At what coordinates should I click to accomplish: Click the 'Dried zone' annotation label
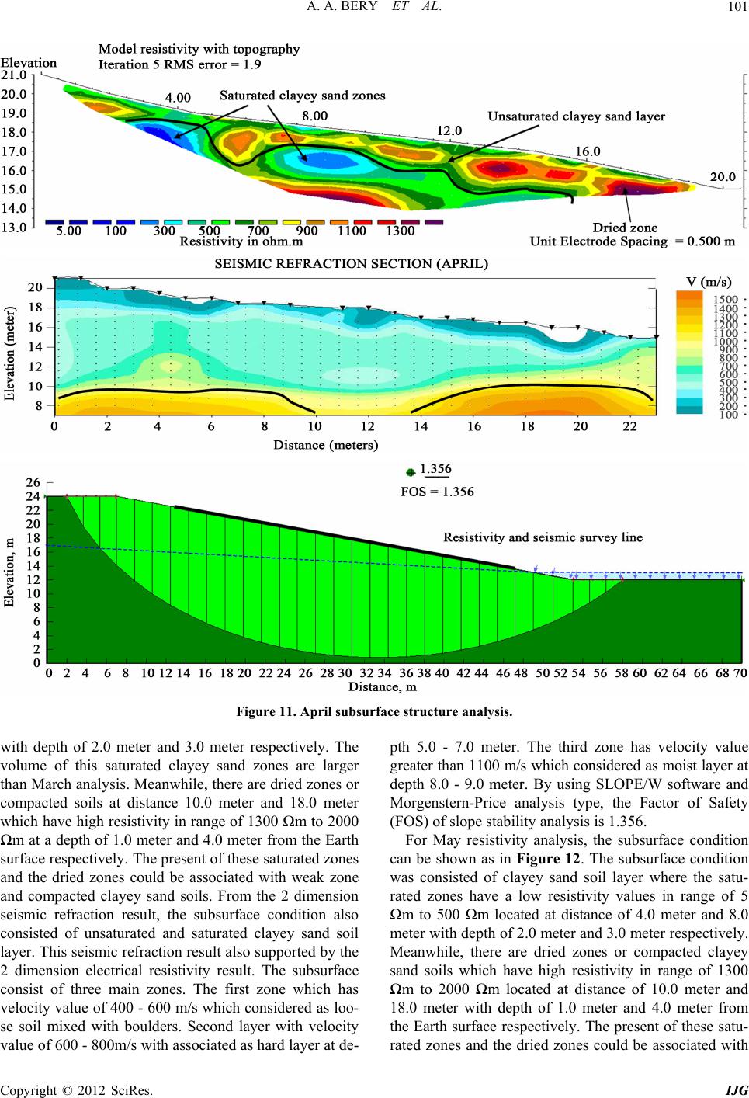click(625, 228)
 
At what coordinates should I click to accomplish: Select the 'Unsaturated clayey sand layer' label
click(576, 116)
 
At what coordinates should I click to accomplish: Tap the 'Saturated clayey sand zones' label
click(302, 96)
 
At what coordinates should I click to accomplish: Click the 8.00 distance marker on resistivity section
click(314, 116)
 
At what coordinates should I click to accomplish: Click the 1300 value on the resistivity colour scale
click(400, 231)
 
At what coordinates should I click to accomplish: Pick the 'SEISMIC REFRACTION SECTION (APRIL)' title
click(351, 263)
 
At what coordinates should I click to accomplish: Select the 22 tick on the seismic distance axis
click(629, 426)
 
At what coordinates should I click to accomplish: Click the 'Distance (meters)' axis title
click(325, 445)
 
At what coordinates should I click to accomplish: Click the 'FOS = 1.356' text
click(437, 492)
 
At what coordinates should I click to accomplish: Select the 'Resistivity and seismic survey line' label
click(543, 537)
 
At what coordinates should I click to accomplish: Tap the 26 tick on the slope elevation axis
click(33, 482)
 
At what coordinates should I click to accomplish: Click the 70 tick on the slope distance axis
click(740, 674)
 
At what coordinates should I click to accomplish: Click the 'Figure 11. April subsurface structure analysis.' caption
click(374, 711)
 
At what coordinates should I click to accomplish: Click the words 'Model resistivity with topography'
click(199, 49)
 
